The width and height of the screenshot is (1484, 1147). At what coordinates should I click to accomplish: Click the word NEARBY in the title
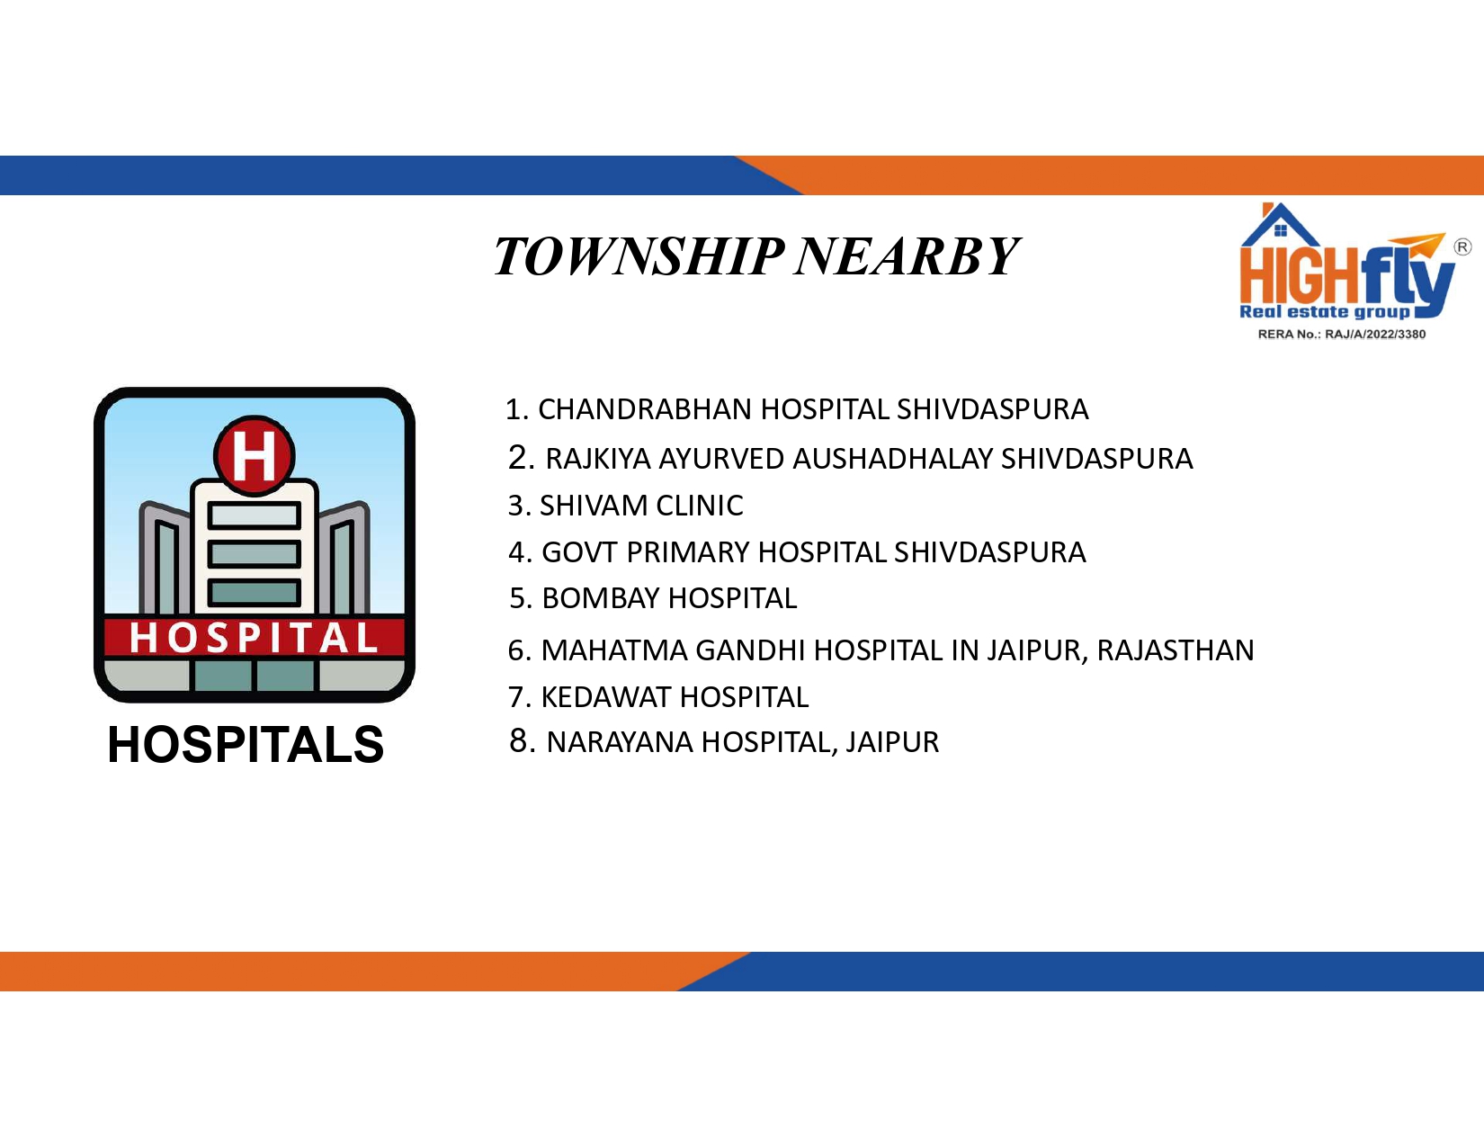pyautogui.click(x=907, y=257)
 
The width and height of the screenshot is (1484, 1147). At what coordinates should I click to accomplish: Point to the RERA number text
pyautogui.click(x=1341, y=334)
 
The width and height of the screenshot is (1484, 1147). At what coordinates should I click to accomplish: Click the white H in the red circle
pyautogui.click(x=254, y=456)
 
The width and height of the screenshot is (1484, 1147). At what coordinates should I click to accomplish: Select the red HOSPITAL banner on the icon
pyautogui.click(x=254, y=638)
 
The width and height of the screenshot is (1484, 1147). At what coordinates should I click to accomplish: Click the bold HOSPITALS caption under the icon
pyautogui.click(x=246, y=745)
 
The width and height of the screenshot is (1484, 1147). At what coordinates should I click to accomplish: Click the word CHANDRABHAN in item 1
pyautogui.click(x=646, y=409)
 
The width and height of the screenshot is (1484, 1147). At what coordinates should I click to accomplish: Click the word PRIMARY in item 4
pyautogui.click(x=688, y=552)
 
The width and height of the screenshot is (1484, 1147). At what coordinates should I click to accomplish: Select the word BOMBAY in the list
pyautogui.click(x=601, y=598)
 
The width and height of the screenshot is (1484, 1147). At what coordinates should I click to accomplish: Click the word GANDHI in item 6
pyautogui.click(x=750, y=650)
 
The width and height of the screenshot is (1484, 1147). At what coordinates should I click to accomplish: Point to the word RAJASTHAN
pyautogui.click(x=1176, y=650)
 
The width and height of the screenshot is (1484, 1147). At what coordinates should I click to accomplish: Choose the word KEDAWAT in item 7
pyautogui.click(x=606, y=697)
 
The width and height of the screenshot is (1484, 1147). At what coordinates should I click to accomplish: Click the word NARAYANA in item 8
pyautogui.click(x=620, y=742)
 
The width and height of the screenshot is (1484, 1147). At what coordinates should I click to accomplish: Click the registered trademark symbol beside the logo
pyautogui.click(x=1462, y=247)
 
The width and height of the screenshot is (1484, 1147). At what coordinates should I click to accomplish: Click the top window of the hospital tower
pyautogui.click(x=254, y=515)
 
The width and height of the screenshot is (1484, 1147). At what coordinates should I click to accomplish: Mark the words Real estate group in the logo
pyautogui.click(x=1324, y=312)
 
